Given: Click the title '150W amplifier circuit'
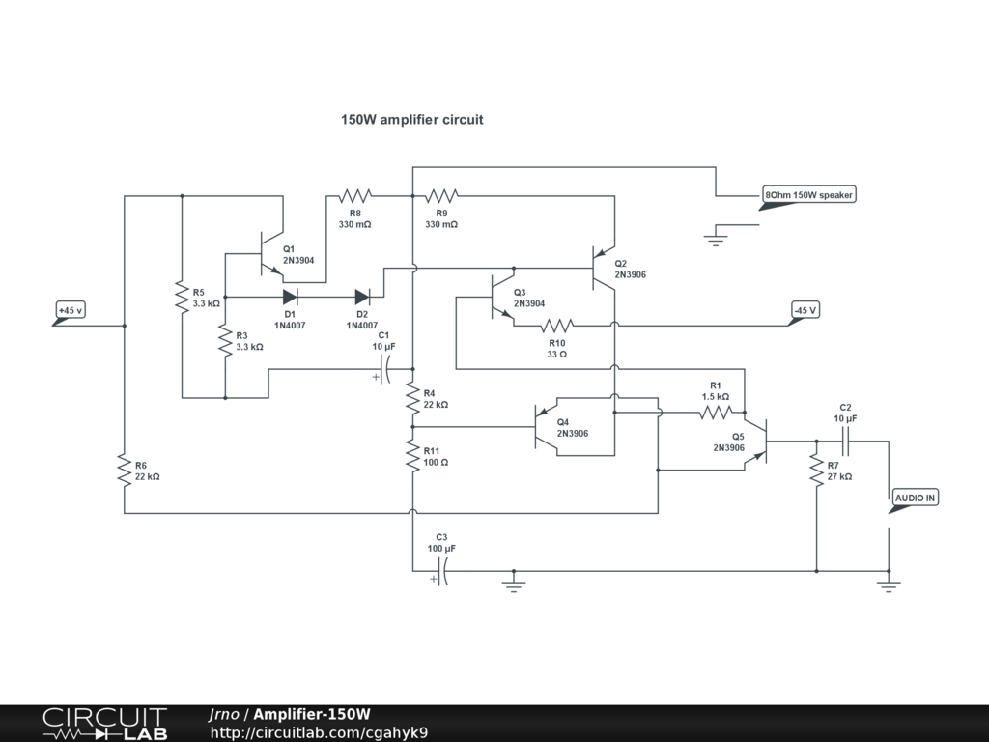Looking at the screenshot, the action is click(411, 119).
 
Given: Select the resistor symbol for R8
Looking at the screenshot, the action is click(355, 195).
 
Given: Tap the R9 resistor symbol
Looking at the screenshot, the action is click(441, 195).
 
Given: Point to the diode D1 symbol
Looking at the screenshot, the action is click(290, 297).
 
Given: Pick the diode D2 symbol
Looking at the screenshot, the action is click(362, 297).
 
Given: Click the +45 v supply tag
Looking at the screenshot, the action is click(70, 313).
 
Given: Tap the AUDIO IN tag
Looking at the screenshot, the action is click(914, 500).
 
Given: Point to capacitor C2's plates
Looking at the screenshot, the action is click(846, 442).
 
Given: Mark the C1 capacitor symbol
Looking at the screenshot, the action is click(383, 369).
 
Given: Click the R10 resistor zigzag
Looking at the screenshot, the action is click(557, 326).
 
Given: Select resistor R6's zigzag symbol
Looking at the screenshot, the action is click(125, 471).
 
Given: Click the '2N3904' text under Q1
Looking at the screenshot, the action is click(298, 260).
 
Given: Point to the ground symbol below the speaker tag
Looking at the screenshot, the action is click(716, 238).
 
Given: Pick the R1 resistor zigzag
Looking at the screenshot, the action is click(716, 413).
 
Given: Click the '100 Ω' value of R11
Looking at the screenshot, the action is click(436, 463).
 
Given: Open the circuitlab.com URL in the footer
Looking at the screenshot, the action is click(319, 732).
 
